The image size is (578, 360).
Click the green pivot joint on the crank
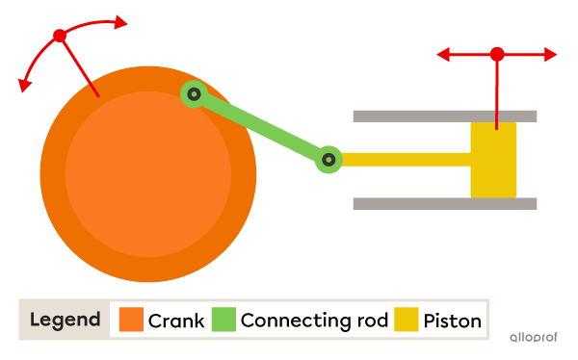tap(194, 93)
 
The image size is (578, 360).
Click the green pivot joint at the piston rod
tap(328, 160)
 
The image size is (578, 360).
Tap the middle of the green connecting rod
tap(261, 127)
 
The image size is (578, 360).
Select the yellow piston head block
tap(493, 160)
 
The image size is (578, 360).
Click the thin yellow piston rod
tap(405, 160)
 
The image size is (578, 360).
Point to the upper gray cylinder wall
tap(444, 116)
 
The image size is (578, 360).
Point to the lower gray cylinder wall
tap(444, 203)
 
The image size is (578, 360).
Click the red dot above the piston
tap(497, 54)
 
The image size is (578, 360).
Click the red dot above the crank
tap(60, 36)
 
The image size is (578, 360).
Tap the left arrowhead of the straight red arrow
tap(443, 55)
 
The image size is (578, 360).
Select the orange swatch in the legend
tap(130, 320)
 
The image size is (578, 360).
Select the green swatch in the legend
tap(223, 320)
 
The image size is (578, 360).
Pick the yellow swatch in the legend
tap(407, 320)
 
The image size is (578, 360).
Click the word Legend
tap(65, 320)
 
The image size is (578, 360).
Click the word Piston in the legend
tap(452, 321)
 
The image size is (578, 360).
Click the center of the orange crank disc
tap(148, 174)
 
